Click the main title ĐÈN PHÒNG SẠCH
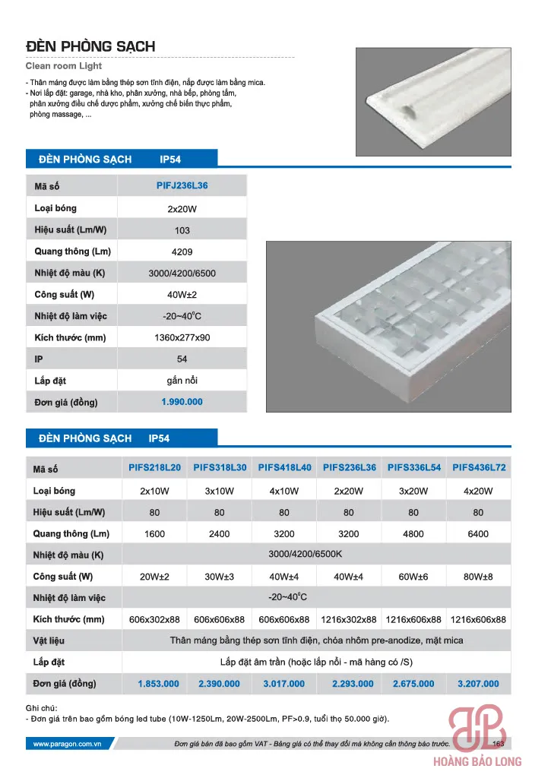point(90,46)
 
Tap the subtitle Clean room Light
point(64,67)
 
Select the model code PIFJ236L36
point(182,185)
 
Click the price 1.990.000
point(182,401)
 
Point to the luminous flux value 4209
point(182,251)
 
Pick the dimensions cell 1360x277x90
point(182,337)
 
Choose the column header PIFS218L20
point(155,467)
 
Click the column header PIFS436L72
point(479,467)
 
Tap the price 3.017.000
point(284,684)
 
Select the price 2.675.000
point(413,684)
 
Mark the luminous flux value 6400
point(479,534)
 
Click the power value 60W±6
point(413,577)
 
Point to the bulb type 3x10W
point(220,491)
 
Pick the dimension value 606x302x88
point(155,619)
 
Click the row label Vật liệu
point(49,640)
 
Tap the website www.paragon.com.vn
point(68,744)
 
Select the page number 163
point(499,744)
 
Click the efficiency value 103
point(182,230)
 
